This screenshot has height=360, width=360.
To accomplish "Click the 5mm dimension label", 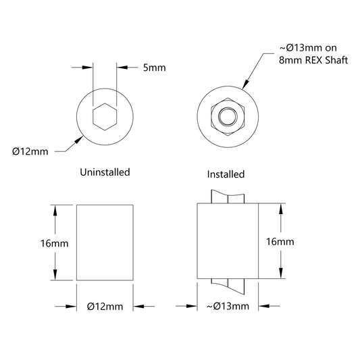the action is click(154, 68).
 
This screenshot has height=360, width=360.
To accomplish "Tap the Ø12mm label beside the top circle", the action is click(30, 151).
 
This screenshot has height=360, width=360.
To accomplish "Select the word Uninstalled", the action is click(105, 172).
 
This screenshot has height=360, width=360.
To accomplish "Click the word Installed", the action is click(226, 174).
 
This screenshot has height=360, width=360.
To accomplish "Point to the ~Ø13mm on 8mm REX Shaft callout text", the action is click(313, 54).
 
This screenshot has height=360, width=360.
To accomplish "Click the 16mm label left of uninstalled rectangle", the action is click(55, 243).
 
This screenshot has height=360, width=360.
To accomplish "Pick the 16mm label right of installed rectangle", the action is click(280, 242).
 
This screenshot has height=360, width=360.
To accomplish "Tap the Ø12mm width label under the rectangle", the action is click(105, 307).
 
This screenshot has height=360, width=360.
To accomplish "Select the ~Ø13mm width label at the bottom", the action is click(228, 306).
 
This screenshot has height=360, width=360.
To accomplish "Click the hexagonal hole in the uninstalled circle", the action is click(105, 117).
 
